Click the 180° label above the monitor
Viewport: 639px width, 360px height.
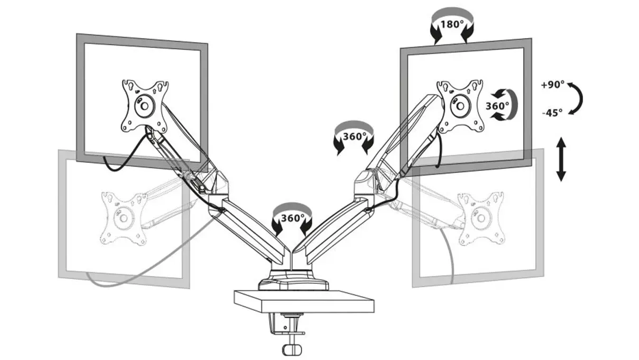point(452,25)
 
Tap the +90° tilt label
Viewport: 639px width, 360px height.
point(553,84)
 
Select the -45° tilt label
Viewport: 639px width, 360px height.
point(552,113)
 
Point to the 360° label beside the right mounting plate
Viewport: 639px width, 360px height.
point(497,106)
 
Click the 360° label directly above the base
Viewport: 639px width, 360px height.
point(292,218)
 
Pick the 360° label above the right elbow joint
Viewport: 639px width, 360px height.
point(354,136)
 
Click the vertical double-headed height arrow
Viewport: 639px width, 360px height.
point(561,159)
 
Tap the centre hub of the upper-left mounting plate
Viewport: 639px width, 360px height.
point(144,106)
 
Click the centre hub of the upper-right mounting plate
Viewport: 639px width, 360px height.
point(460,106)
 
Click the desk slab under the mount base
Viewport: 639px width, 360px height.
point(304,302)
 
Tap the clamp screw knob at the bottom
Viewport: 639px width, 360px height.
point(292,349)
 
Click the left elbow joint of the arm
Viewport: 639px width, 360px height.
point(218,194)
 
